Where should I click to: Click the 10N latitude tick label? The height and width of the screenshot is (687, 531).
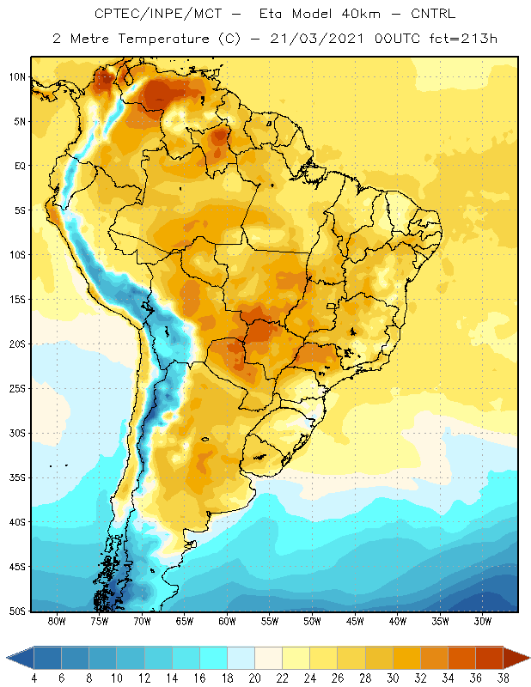tap(17, 77)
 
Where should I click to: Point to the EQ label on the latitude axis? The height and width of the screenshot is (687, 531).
tap(20, 166)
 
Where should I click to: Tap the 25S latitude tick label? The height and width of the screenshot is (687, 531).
tap(17, 389)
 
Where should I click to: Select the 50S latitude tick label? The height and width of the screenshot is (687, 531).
tap(17, 611)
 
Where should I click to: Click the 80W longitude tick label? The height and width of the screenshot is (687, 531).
tap(57, 621)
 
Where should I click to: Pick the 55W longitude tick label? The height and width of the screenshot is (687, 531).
tap(270, 621)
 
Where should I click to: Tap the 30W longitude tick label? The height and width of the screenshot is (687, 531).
tap(483, 621)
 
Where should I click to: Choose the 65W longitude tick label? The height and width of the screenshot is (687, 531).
tap(184, 621)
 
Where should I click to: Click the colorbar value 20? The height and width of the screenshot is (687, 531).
tap(254, 678)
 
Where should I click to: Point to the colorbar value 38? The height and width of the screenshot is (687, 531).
tap(503, 678)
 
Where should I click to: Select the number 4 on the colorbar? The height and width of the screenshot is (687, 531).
tap(34, 678)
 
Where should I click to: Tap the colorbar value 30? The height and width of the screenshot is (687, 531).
tap(393, 678)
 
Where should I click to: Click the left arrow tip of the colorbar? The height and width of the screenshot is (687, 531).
tap(7, 658)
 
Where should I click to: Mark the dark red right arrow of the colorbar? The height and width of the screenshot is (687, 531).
tap(516, 658)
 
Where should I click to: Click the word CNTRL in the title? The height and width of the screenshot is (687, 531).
tap(433, 14)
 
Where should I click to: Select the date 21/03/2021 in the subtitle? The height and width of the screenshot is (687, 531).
tap(316, 39)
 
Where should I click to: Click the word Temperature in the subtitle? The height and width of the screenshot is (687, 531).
tap(164, 39)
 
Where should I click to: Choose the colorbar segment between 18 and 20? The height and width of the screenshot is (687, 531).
tap(241, 658)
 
